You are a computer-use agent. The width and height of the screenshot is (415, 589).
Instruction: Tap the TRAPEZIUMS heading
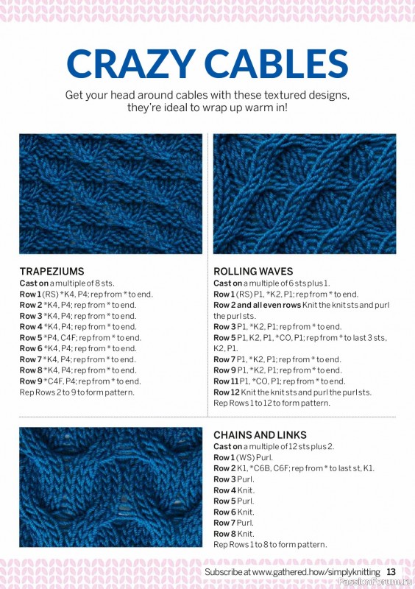(52, 271)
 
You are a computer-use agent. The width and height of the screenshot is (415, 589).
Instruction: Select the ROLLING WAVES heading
(253, 271)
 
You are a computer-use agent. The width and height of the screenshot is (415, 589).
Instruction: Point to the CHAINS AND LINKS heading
(260, 435)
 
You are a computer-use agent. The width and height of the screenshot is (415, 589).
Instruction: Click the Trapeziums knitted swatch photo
(110, 194)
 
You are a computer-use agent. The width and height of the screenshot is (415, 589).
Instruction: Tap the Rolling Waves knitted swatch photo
(305, 194)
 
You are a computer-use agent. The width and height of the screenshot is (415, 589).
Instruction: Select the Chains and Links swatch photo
(110, 487)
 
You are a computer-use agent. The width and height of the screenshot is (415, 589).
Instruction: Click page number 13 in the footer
(391, 572)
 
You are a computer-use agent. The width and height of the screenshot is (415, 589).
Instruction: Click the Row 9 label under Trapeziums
(30, 381)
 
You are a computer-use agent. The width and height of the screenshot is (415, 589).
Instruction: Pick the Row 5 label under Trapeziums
(30, 337)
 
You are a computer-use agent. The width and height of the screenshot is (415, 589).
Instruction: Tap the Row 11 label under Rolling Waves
(226, 381)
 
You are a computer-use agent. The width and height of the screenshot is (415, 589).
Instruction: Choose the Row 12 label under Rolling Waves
(226, 392)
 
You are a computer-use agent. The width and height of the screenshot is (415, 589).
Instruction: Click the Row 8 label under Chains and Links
(224, 534)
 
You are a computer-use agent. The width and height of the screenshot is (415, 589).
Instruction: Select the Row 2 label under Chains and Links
(224, 468)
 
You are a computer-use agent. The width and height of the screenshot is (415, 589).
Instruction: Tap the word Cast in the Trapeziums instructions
(29, 283)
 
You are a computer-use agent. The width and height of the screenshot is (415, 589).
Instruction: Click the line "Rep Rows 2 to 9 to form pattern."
(77, 392)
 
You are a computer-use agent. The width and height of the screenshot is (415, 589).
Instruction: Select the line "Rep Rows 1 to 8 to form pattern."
(270, 545)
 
